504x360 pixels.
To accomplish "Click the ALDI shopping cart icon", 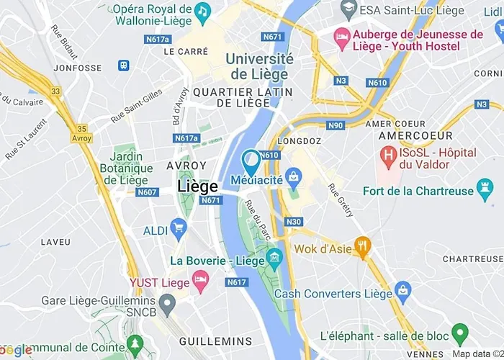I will pos(179,230).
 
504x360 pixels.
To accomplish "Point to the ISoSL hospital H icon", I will pos(389,153).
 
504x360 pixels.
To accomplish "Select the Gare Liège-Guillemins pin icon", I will pos(167,305).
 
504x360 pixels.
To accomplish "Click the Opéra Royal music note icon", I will pos(203,11).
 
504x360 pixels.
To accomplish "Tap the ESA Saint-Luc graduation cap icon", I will pos(348,9).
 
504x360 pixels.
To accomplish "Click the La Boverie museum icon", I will pos(274,258).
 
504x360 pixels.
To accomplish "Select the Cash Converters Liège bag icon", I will pos(403,293).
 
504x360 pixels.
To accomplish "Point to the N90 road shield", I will pos(336,125).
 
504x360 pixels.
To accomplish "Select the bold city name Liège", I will pos(197,186).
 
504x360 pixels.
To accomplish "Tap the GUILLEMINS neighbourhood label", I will pos(215,341).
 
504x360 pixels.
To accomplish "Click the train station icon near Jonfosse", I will pos(124,66).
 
